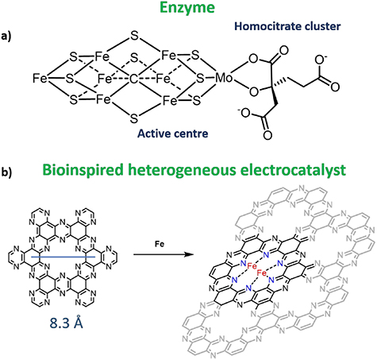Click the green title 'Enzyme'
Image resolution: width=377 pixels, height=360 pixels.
(x=189, y=10)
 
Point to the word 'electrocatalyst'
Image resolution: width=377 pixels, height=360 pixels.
(x=316, y=172)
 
